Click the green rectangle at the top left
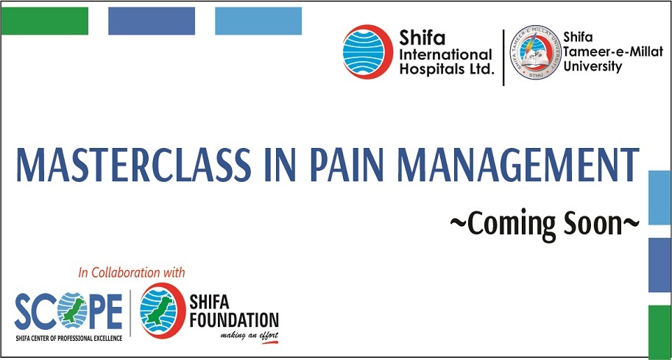coord(45,21)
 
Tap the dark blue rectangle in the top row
coord(152,21)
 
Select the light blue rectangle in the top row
coord(258,21)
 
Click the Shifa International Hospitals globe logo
coord(368,52)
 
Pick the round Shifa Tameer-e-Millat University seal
coord(535,52)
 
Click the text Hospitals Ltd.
coord(447,68)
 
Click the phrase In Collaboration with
coord(132,272)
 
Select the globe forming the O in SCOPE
coord(72,310)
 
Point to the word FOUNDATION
coord(234,320)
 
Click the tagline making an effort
coord(250,335)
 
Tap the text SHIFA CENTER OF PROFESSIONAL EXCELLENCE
coord(68,338)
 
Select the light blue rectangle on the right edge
coord(659,197)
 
